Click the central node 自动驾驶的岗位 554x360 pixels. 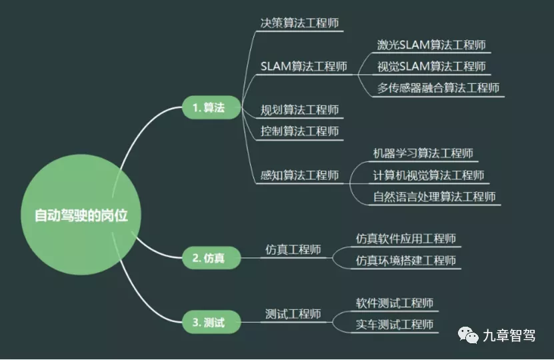(x=81, y=215)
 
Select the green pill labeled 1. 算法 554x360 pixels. (x=211, y=107)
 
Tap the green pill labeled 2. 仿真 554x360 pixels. (x=211, y=258)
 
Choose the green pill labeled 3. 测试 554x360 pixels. (x=211, y=322)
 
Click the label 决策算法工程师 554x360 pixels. (x=299, y=23)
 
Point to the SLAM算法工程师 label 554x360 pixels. (x=304, y=67)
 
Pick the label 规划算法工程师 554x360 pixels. (x=299, y=110)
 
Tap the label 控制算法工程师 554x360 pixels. (x=299, y=131)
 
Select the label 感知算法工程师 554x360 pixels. (x=299, y=175)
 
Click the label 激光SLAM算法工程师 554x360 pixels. (x=431, y=45)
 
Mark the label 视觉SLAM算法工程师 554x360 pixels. (x=431, y=67)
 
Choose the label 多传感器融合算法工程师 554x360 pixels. (x=438, y=88)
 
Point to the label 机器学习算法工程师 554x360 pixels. (x=423, y=153)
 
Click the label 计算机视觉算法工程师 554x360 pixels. (x=429, y=175)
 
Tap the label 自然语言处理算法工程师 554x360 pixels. (x=434, y=197)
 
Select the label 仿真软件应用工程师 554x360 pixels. (x=406, y=239)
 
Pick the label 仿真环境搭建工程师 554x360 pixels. (x=406, y=261)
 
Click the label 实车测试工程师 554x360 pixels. (x=395, y=324)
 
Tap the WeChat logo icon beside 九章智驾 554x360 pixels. (x=468, y=335)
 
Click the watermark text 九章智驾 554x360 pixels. (x=509, y=335)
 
